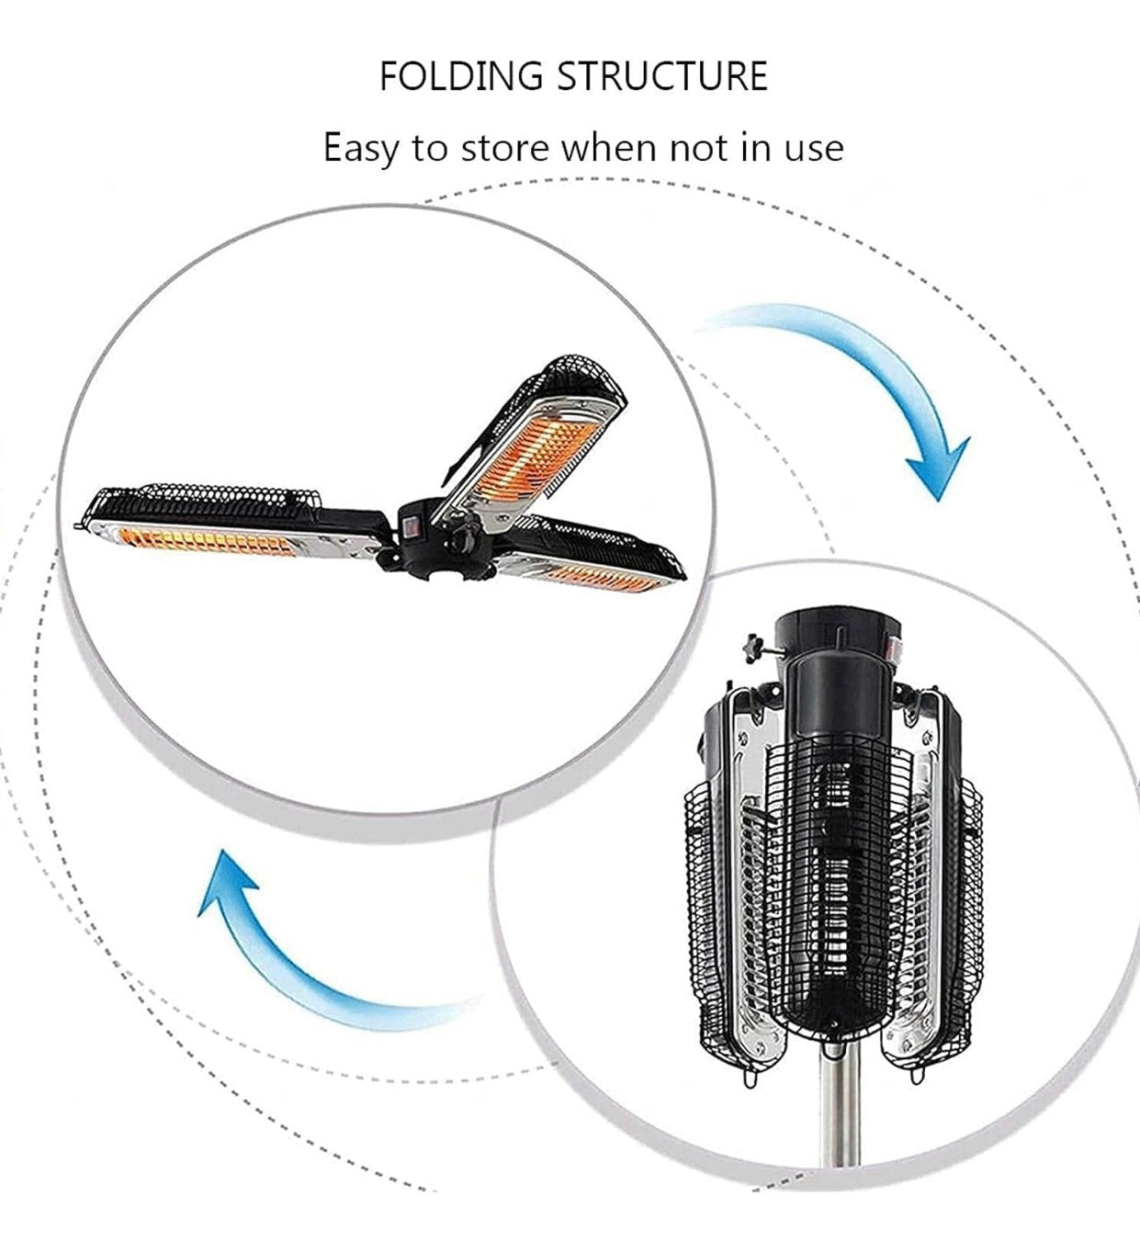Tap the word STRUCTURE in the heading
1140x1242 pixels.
coord(662,76)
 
